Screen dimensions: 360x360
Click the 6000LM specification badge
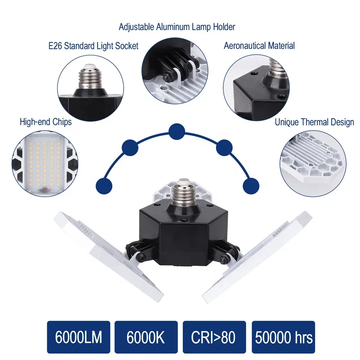(x=78, y=337)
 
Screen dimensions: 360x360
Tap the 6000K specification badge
(x=146, y=337)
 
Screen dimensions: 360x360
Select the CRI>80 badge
(x=214, y=337)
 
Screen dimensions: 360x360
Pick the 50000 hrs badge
(x=283, y=337)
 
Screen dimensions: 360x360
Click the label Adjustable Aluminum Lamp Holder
(x=177, y=27)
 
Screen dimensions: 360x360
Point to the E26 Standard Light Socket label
(x=93, y=46)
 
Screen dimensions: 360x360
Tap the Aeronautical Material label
(x=259, y=46)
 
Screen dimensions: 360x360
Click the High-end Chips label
(x=46, y=121)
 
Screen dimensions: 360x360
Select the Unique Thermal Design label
(x=314, y=122)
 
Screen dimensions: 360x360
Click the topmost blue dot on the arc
(x=176, y=131)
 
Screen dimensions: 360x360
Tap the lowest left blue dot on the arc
(x=104, y=186)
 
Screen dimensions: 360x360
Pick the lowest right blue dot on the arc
(x=251, y=186)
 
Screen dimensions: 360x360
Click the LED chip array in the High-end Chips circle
(x=44, y=164)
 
